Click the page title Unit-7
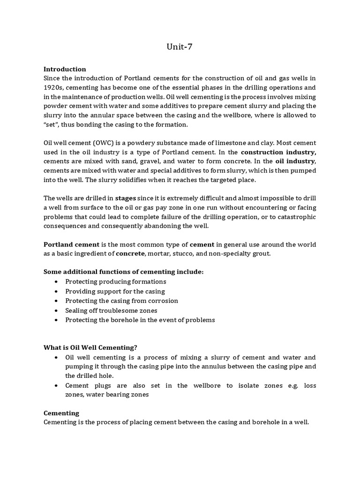point(180,46)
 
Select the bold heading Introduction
point(65,69)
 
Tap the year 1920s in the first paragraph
point(54,88)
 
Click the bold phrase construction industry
point(278,152)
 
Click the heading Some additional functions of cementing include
point(124,272)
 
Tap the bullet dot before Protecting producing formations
point(57,282)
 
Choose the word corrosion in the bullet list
point(162,300)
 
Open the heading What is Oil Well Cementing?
point(90,347)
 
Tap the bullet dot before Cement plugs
point(57,385)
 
